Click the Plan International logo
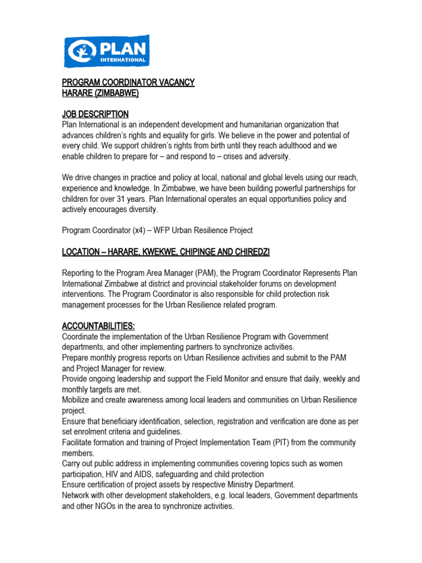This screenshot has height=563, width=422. pos(107,51)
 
